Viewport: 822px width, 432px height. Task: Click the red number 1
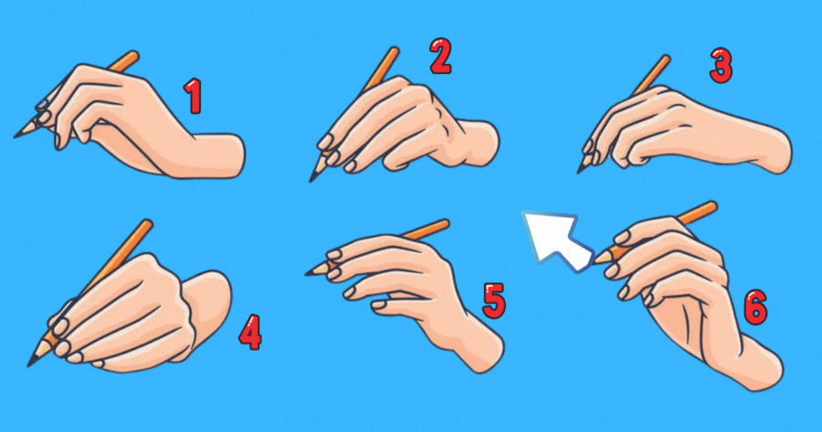click(x=193, y=96)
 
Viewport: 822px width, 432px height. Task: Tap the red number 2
click(x=440, y=56)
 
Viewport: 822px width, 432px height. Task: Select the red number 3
click(x=722, y=66)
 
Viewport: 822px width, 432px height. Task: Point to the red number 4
click(x=250, y=332)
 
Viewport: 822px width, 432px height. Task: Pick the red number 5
click(x=494, y=300)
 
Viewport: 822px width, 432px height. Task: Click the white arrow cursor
click(x=557, y=240)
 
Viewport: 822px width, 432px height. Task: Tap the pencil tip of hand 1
click(x=15, y=137)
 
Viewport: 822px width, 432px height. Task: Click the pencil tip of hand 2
click(x=311, y=181)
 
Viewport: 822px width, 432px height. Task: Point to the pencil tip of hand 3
click(x=579, y=172)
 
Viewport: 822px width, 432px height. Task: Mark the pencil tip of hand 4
click(x=29, y=365)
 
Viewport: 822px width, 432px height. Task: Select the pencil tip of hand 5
click(x=307, y=274)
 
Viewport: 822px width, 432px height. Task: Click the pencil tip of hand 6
click(x=595, y=260)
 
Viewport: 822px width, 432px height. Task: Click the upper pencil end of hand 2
click(x=395, y=50)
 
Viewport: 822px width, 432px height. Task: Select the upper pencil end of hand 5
click(x=445, y=224)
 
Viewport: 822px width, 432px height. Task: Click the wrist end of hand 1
click(x=240, y=156)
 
